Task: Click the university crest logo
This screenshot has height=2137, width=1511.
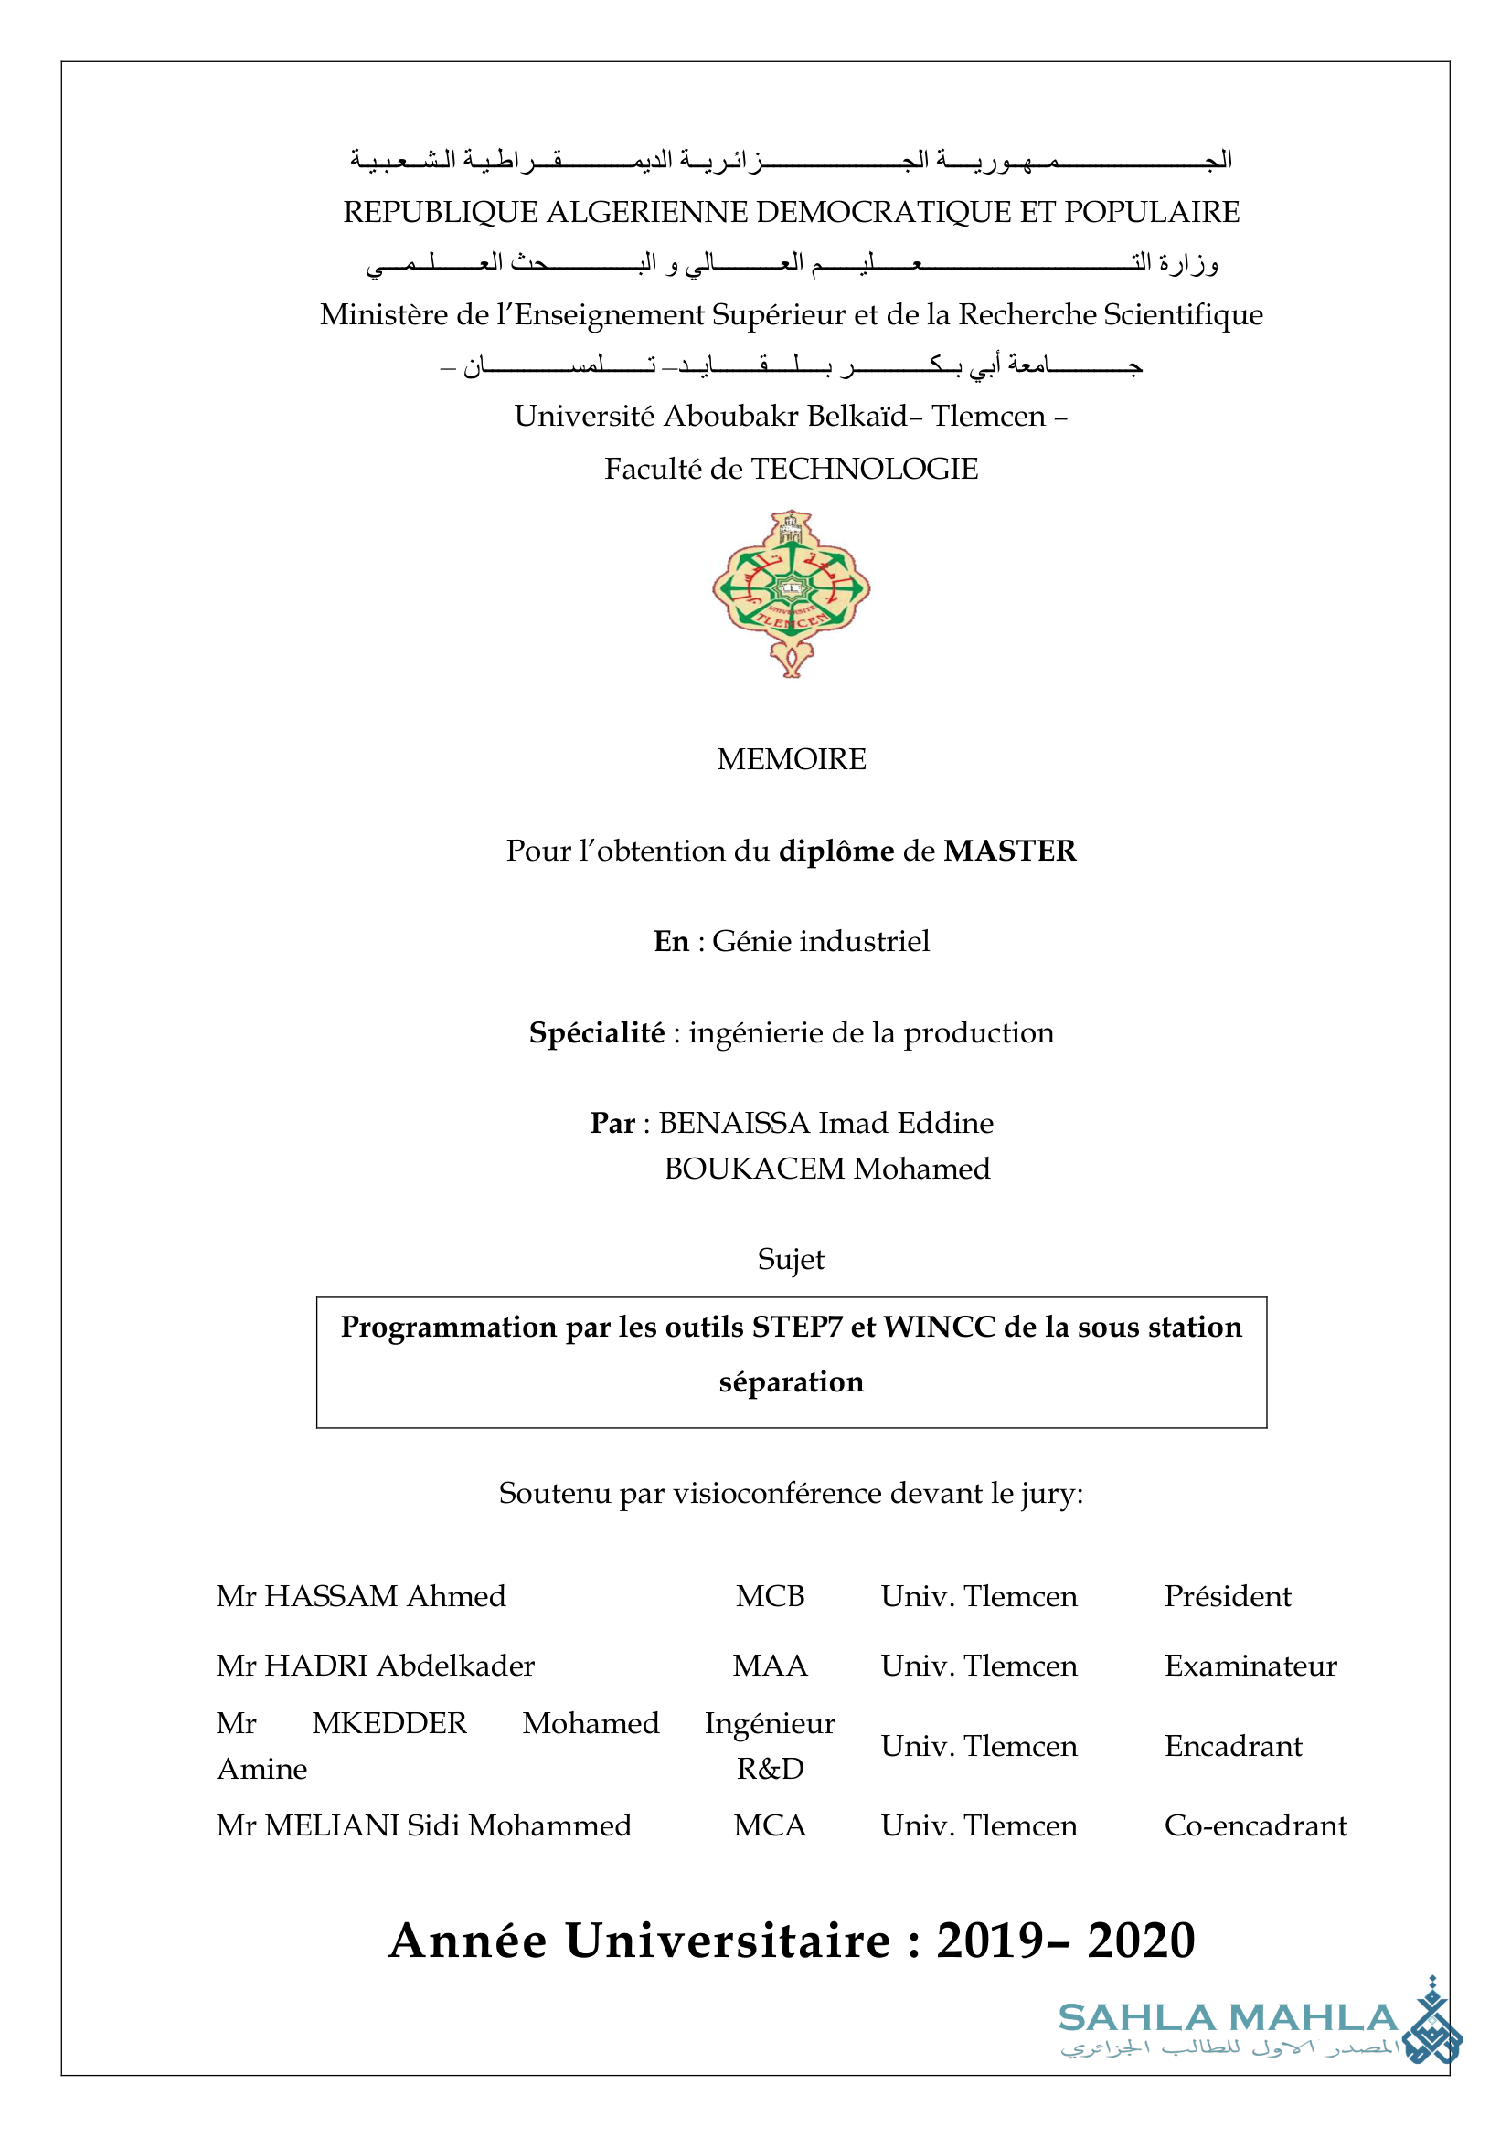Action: click(x=791, y=593)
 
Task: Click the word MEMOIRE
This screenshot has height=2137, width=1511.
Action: click(x=791, y=759)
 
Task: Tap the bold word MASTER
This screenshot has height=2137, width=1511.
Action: click(x=1009, y=851)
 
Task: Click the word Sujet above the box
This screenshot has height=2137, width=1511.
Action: click(x=791, y=1259)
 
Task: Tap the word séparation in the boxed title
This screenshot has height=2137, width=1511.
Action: click(x=791, y=1382)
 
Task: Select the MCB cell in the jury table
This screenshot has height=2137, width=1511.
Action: click(x=770, y=1596)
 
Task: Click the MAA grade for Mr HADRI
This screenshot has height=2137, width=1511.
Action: click(x=770, y=1666)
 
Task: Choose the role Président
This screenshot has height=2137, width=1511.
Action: click(x=1227, y=1596)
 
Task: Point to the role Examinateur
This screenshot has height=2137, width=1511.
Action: click(x=1250, y=1666)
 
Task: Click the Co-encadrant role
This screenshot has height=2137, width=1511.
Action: click(x=1255, y=1825)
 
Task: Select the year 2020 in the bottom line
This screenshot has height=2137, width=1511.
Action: click(x=1141, y=1941)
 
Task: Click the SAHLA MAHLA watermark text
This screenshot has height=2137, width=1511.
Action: click(x=1227, y=2018)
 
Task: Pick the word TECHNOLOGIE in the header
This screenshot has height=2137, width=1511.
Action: click(x=864, y=469)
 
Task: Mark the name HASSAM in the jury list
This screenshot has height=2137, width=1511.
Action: click(x=332, y=1596)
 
